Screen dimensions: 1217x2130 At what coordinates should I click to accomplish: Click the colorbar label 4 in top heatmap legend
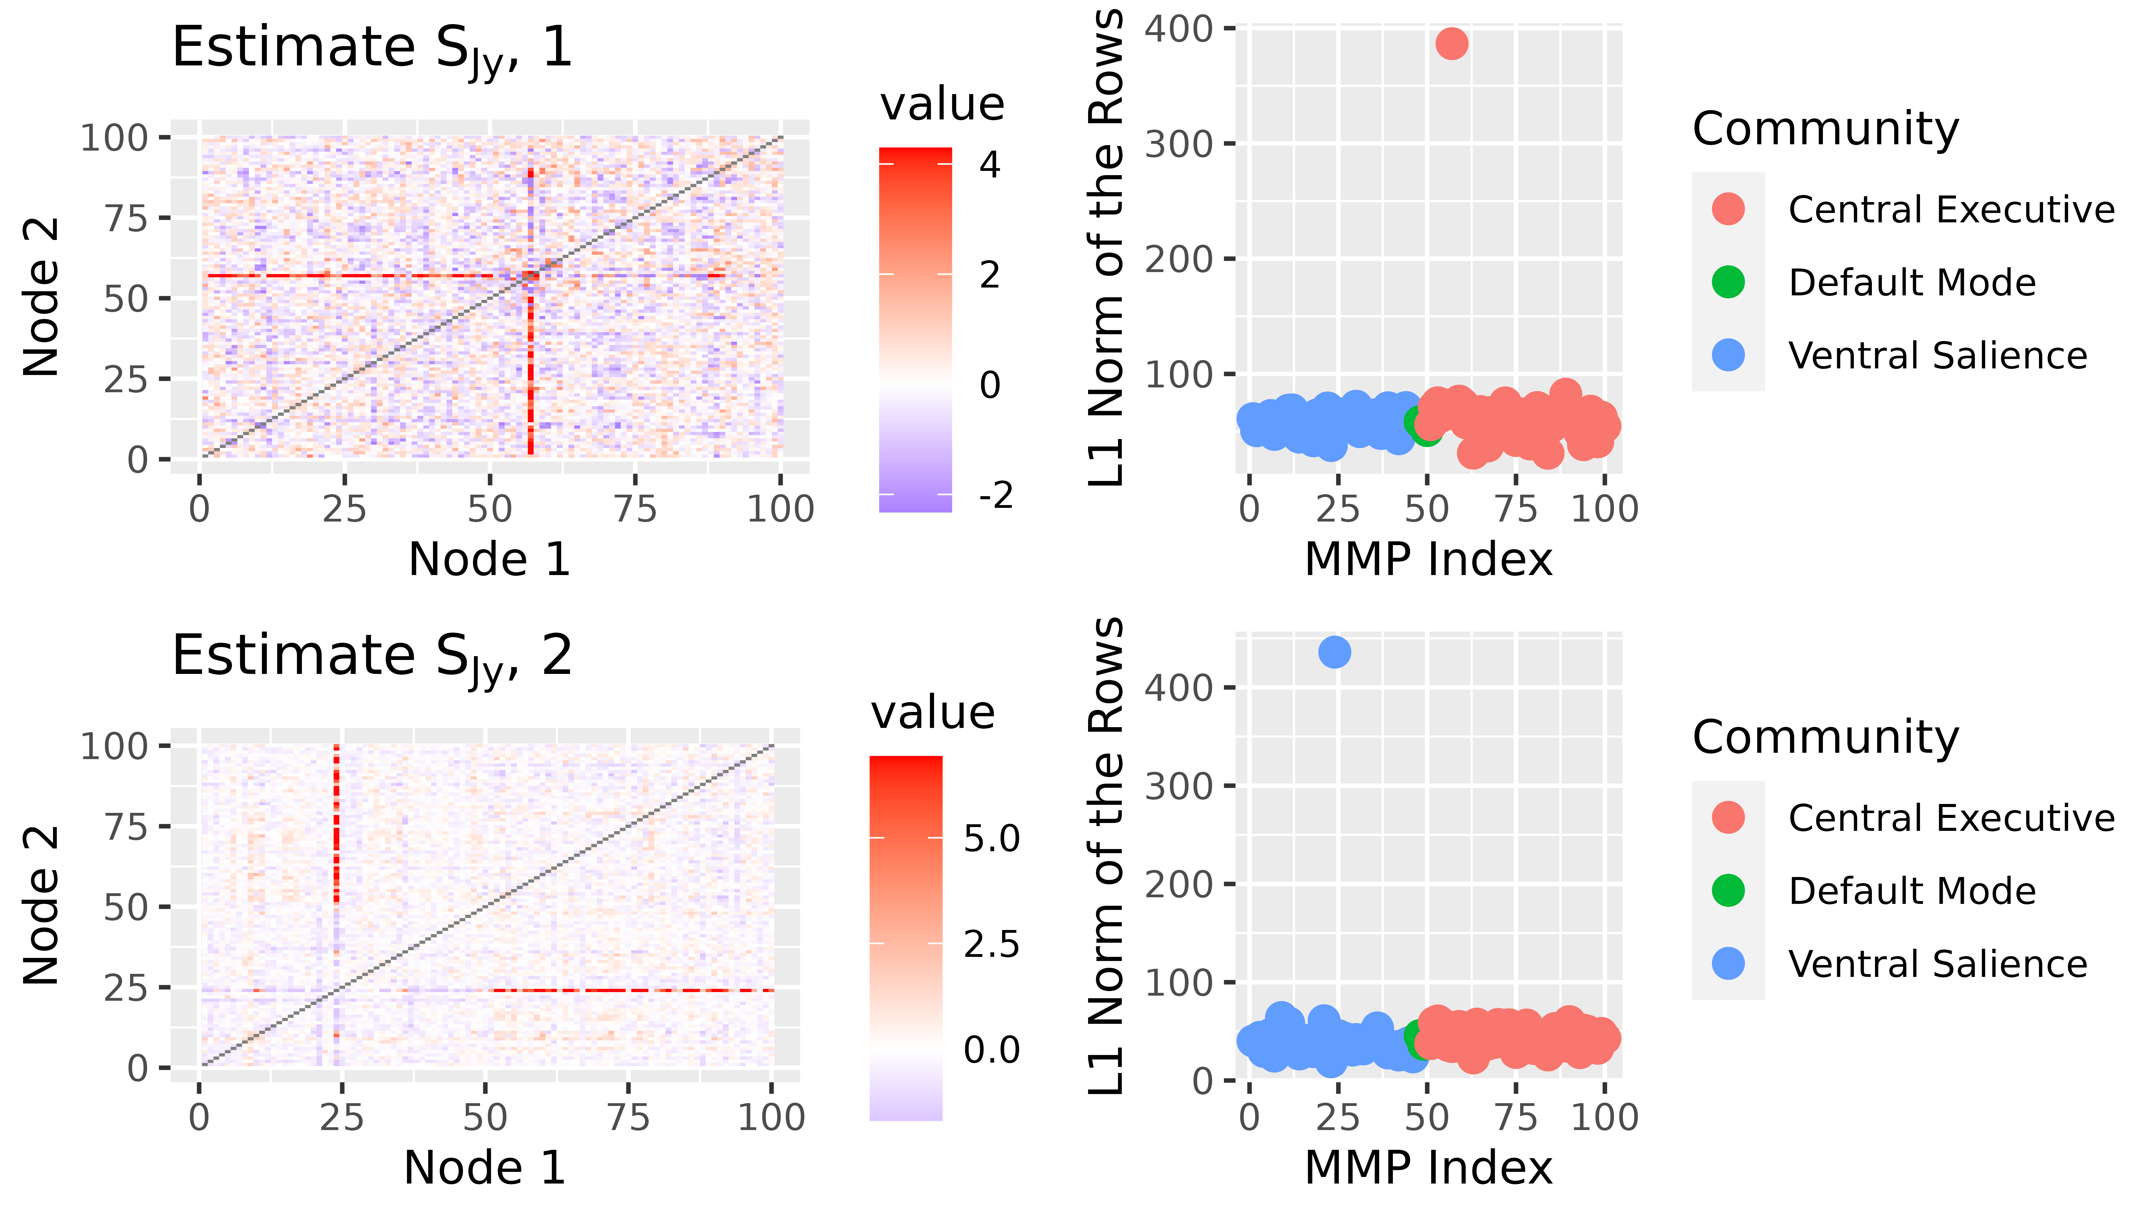[x=990, y=166]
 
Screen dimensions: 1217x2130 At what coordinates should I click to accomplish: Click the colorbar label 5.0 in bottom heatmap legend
[x=991, y=838]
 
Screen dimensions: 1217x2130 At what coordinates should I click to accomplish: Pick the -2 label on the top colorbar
[x=995, y=496]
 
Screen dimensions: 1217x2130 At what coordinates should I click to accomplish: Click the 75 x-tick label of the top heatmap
[x=635, y=509]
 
